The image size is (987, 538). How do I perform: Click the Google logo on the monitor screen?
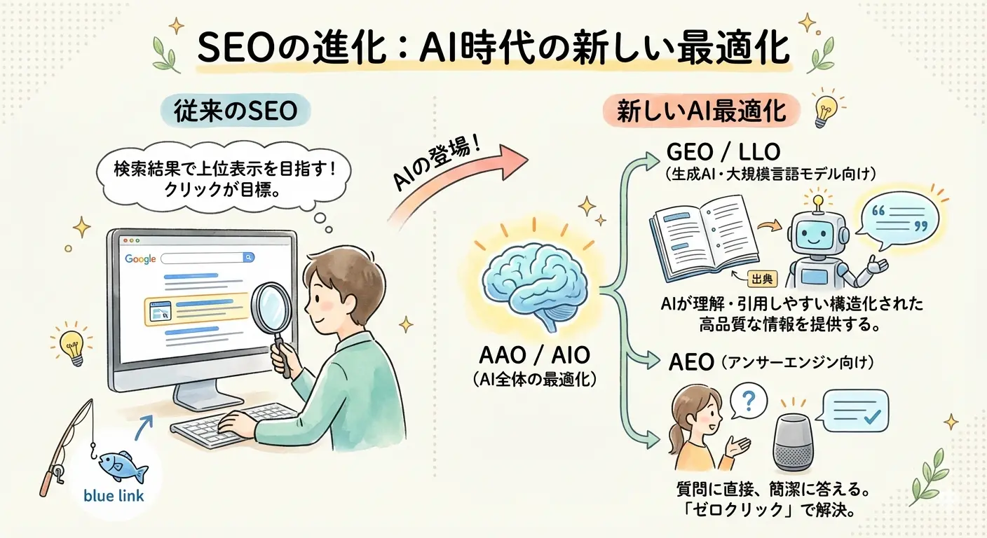point(140,259)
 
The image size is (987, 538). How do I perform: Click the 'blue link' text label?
point(114,496)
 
